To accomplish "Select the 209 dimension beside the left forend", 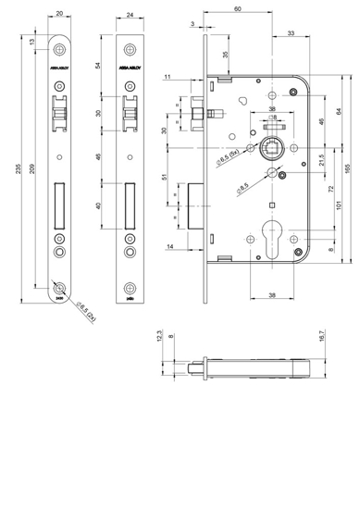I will (x=34, y=168).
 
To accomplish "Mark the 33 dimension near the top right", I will (x=292, y=33).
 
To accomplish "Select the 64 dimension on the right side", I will (x=340, y=112).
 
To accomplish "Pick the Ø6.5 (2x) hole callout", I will (x=84, y=307).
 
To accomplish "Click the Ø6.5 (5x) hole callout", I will (x=229, y=168).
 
